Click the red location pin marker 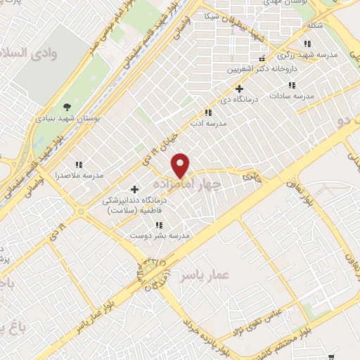pos(181,165)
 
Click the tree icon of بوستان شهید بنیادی pos(67,107)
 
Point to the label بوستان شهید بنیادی pos(67,119)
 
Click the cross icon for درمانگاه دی pos(240,89)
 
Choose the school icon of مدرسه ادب pos(207,112)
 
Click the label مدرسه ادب pos(207,124)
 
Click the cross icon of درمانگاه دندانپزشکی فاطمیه pos(135,189)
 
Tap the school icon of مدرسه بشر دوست pos(159,225)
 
